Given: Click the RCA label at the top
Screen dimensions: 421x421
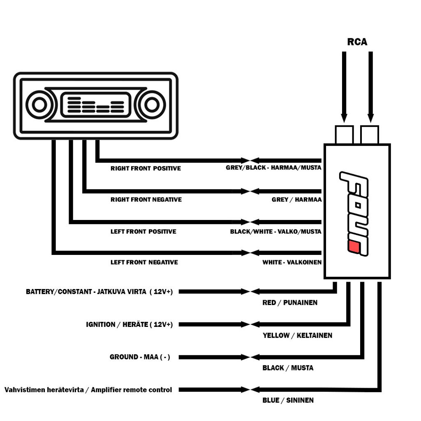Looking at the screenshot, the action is click(x=357, y=42).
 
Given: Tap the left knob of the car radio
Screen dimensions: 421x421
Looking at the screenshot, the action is click(x=39, y=105).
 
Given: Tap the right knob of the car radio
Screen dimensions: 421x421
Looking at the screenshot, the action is click(x=152, y=105).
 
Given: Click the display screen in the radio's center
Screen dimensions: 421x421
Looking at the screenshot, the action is click(x=95, y=105).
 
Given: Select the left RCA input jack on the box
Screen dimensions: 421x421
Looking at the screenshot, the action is click(x=344, y=135).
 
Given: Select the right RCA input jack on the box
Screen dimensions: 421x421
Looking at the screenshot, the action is click(x=370, y=135).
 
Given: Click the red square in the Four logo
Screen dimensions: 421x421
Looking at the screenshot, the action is click(x=354, y=247).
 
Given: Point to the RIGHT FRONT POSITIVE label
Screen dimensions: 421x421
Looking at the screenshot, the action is click(x=146, y=168).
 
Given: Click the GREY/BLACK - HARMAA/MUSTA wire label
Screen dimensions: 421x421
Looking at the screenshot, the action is click(x=273, y=168).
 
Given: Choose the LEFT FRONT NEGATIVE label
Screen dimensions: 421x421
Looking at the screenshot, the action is click(x=144, y=262).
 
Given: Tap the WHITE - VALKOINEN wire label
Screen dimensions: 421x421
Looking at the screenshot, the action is click(x=292, y=262).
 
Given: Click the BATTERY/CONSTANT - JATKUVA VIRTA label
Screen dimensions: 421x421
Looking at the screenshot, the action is click(x=86, y=291).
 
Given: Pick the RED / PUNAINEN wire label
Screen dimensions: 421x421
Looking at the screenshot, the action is click(x=290, y=303).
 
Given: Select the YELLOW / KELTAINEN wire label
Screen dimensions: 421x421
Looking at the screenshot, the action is click(x=298, y=335).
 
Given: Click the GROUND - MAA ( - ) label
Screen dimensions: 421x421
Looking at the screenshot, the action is click(x=140, y=357).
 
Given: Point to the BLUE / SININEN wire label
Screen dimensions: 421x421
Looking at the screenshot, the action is click(x=288, y=400).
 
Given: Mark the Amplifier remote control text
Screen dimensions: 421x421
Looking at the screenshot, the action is click(x=131, y=390).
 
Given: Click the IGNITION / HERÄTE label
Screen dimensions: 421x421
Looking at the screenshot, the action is click(x=117, y=324).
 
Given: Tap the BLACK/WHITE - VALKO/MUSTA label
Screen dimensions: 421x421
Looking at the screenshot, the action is click(x=276, y=231).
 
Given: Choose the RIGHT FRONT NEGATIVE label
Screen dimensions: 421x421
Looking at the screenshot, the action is click(x=146, y=199).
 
